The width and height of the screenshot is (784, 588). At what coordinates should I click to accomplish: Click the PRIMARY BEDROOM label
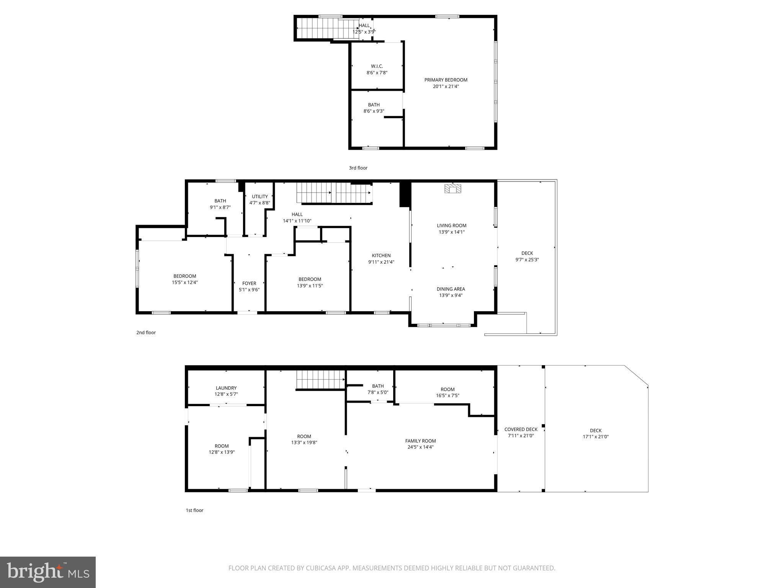[446, 80]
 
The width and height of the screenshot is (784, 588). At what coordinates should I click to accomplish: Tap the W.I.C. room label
[377, 66]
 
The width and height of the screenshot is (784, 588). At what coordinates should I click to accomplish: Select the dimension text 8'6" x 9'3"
[374, 111]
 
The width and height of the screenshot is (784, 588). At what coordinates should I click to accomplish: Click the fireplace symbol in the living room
[453, 189]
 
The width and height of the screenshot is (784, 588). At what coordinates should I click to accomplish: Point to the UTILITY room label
[260, 196]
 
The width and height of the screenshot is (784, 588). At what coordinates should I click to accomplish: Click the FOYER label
[249, 283]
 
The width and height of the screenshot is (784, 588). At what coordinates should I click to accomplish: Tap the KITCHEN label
[381, 256]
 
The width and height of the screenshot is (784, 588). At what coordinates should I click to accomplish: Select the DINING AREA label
[451, 289]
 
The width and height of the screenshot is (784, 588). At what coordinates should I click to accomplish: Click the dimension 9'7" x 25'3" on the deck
[527, 260]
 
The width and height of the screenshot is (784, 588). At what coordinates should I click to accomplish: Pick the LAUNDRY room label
[226, 388]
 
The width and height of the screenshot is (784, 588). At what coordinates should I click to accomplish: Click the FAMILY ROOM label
[420, 441]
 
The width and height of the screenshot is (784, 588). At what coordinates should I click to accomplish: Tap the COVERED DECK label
[521, 430]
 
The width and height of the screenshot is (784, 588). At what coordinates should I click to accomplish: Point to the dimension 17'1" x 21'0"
[595, 437]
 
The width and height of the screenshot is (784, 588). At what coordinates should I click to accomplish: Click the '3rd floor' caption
[358, 168]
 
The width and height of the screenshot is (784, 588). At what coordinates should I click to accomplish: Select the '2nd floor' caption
[146, 333]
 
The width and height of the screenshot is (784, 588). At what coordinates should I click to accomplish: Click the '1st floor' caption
[194, 510]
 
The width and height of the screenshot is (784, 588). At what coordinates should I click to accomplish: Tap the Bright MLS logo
[48, 572]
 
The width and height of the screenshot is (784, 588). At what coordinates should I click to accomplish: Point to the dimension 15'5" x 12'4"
[185, 283]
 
